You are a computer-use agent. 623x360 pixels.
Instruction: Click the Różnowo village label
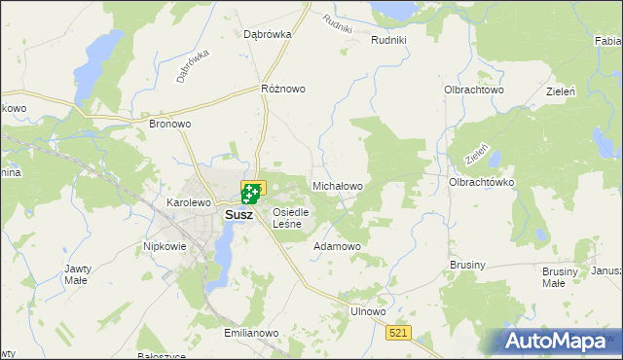coord(283,89)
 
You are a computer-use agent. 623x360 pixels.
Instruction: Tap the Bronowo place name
coord(169,125)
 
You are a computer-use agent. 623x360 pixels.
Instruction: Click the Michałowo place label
coord(337,185)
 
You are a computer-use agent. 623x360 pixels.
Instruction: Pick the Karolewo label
coord(189,202)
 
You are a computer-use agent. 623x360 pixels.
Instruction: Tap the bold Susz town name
coord(239,215)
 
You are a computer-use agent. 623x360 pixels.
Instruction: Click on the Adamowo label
coord(337,247)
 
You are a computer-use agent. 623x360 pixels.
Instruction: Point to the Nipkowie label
coord(165,246)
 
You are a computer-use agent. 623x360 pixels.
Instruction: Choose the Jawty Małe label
coord(77,274)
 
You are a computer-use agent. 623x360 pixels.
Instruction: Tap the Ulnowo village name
coord(368,311)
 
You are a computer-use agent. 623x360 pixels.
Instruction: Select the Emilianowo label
coord(251,333)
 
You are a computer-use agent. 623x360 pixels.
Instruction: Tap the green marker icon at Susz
coord(252,195)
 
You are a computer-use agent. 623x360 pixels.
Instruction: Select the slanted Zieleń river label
coord(476,154)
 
